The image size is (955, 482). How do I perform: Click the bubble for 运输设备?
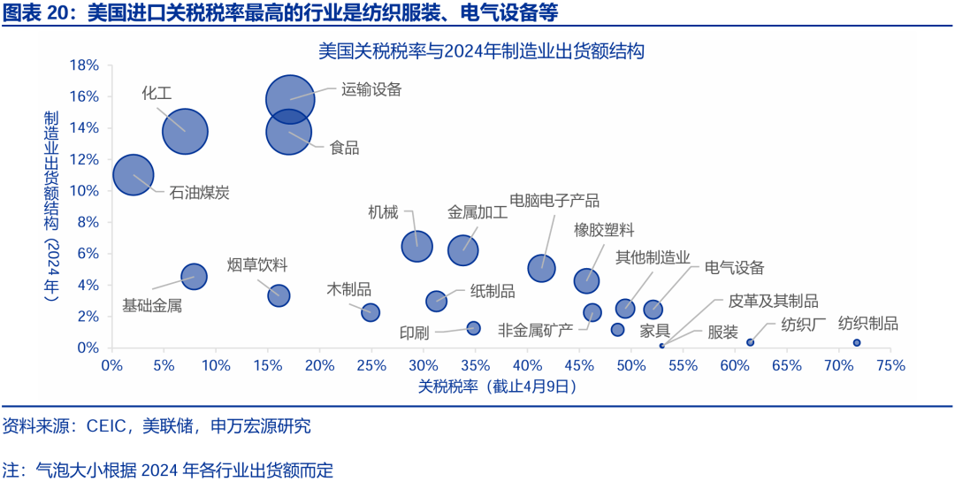(290, 98)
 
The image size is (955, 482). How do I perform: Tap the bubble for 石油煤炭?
(134, 175)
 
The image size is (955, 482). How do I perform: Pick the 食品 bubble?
(288, 132)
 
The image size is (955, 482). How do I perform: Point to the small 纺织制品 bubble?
(857, 342)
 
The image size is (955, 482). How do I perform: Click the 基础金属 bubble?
(194, 276)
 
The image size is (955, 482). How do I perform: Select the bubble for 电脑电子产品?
(542, 267)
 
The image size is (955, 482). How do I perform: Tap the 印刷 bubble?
(473, 328)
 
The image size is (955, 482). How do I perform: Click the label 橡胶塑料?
(604, 230)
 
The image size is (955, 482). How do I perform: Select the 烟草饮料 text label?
(256, 264)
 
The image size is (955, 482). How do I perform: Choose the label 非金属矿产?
(535, 330)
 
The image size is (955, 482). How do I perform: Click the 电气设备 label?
(734, 268)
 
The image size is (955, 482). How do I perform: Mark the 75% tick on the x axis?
(890, 364)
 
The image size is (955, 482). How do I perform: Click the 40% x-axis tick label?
(527, 364)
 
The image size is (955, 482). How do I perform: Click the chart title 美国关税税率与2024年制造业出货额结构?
(481, 50)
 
